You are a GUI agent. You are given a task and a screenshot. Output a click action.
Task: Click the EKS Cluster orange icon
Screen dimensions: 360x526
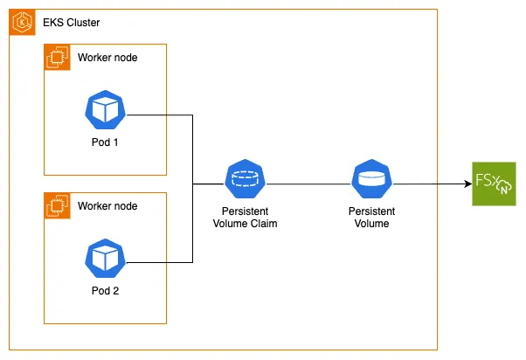pos(21,22)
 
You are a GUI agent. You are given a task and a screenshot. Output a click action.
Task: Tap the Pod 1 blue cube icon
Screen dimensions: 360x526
pos(105,108)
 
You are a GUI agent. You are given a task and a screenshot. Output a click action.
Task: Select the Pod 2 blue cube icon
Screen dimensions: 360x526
pos(105,257)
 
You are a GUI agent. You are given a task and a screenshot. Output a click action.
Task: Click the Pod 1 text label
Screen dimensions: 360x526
pos(105,142)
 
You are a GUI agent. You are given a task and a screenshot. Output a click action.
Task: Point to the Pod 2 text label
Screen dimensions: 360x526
pos(105,290)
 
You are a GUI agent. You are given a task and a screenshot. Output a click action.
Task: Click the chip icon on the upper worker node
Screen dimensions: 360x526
pos(56,57)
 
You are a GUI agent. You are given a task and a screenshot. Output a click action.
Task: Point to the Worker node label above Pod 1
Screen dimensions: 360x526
pos(107,58)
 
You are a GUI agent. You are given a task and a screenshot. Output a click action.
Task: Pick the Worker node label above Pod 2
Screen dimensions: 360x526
pos(107,205)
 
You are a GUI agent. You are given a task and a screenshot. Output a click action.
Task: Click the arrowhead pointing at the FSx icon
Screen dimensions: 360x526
pos(466,184)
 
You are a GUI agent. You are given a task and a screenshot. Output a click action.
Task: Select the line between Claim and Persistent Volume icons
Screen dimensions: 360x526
pos(306,184)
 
